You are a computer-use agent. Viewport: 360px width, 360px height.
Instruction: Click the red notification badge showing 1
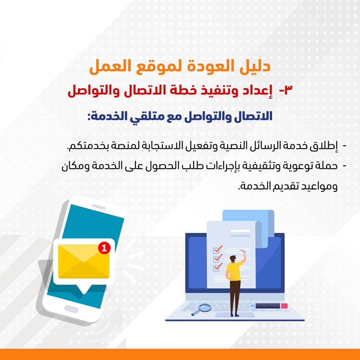(x=104, y=248)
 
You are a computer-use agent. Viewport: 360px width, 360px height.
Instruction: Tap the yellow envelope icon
(x=84, y=261)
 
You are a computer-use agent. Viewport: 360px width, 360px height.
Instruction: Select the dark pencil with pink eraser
(x=270, y=306)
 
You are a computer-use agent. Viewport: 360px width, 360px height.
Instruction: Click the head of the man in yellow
(x=233, y=258)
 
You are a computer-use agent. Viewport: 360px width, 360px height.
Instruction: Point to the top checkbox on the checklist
(x=216, y=250)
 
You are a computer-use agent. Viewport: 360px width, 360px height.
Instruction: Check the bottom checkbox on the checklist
(x=216, y=268)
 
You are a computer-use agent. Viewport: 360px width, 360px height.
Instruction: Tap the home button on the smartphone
(x=71, y=309)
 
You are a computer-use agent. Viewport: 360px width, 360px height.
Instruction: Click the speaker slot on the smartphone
(x=99, y=207)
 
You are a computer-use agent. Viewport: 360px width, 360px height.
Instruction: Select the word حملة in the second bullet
(x=326, y=166)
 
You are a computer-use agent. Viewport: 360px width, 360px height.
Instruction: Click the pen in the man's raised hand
(x=243, y=251)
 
